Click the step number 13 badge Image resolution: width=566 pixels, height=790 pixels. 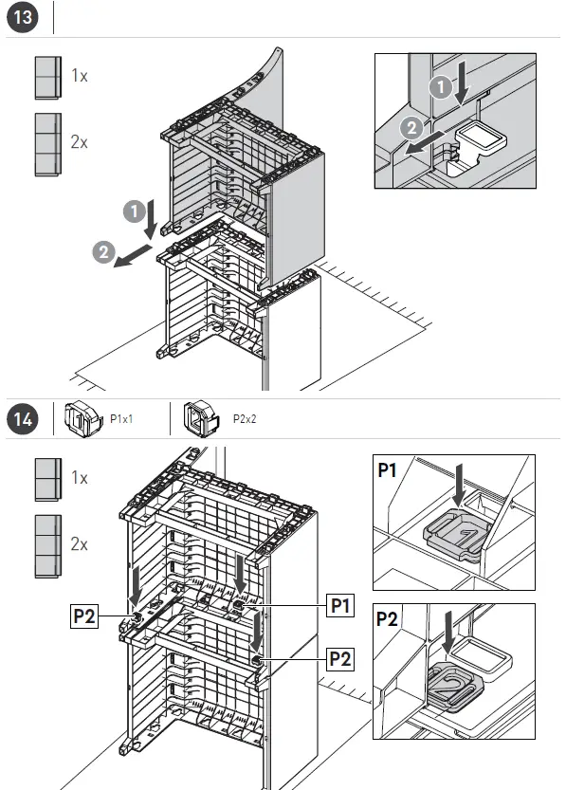[x=23, y=17]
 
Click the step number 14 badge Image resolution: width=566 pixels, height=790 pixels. [x=23, y=418]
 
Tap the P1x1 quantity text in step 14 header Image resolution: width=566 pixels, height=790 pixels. [x=121, y=419]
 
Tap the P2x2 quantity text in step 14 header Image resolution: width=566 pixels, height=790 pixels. [x=245, y=419]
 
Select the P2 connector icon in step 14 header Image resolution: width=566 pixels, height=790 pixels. [x=201, y=418]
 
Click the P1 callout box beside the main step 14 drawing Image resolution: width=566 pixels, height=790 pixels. [x=340, y=605]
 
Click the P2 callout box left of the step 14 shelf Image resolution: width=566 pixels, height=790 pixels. [x=84, y=615]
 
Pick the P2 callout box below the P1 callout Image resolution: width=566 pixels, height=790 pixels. [x=340, y=658]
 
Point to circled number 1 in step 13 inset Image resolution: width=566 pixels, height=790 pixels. [x=441, y=87]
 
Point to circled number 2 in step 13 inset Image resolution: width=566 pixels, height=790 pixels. [x=411, y=128]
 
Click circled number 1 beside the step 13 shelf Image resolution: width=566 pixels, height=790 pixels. [x=135, y=211]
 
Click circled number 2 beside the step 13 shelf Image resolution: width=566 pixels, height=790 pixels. [x=103, y=252]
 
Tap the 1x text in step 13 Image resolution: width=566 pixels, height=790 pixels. [x=80, y=76]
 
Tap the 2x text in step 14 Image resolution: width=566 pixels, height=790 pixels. [x=79, y=544]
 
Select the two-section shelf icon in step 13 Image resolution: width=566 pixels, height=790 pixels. [x=47, y=78]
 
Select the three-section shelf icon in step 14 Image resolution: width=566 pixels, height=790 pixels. [x=47, y=546]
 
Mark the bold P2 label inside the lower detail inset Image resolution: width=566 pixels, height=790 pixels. [x=387, y=618]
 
